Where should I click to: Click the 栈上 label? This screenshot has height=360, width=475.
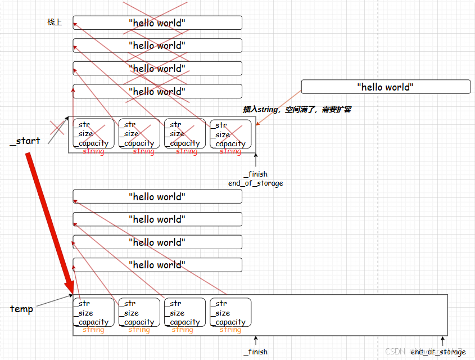point(55,22)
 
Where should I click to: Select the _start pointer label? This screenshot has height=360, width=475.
point(25,141)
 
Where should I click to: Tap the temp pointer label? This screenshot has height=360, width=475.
point(21,309)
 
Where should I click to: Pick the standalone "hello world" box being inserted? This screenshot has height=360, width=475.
point(386,87)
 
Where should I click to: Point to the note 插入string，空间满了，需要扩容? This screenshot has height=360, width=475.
point(297,110)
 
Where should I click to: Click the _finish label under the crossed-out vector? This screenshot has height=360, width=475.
point(255,174)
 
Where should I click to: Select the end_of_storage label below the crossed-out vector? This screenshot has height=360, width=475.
point(255,183)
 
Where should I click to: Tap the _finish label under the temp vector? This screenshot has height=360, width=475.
point(255,352)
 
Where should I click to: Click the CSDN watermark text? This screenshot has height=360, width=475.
point(395,351)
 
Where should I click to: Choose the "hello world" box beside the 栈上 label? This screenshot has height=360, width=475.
point(157,22)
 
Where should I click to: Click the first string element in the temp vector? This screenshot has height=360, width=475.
point(93,313)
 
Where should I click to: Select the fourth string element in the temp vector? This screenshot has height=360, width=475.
point(230,313)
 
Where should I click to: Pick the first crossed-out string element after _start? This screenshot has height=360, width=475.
point(93,134)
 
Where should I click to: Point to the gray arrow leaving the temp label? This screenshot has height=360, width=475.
point(53,301)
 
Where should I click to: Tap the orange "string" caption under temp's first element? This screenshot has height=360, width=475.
point(93,330)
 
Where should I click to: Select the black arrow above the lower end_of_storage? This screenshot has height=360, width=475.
point(442,341)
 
